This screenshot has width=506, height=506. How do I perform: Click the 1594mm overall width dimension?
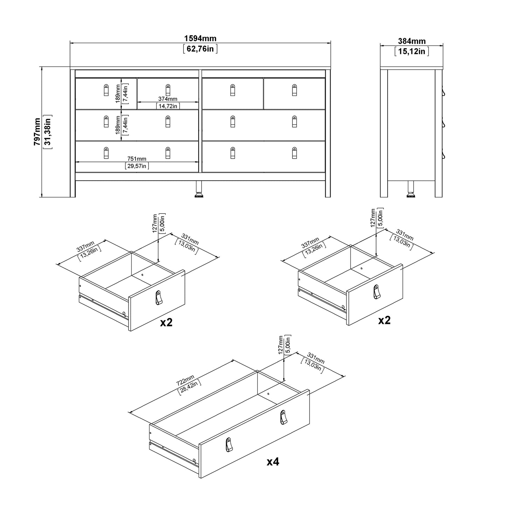(200, 39)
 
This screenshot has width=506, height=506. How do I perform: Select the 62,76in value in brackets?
(200, 49)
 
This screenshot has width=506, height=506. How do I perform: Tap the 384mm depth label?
(412, 41)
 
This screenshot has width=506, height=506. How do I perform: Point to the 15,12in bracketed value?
(412, 51)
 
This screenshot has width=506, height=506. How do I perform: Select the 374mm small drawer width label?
(168, 99)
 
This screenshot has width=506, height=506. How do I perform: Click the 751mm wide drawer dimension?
(137, 159)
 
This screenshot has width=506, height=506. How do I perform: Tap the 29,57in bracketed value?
(137, 166)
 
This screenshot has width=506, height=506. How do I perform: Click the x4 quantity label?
(273, 462)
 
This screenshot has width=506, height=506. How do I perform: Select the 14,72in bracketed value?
(168, 106)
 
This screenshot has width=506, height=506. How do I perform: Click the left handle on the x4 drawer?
(229, 445)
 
